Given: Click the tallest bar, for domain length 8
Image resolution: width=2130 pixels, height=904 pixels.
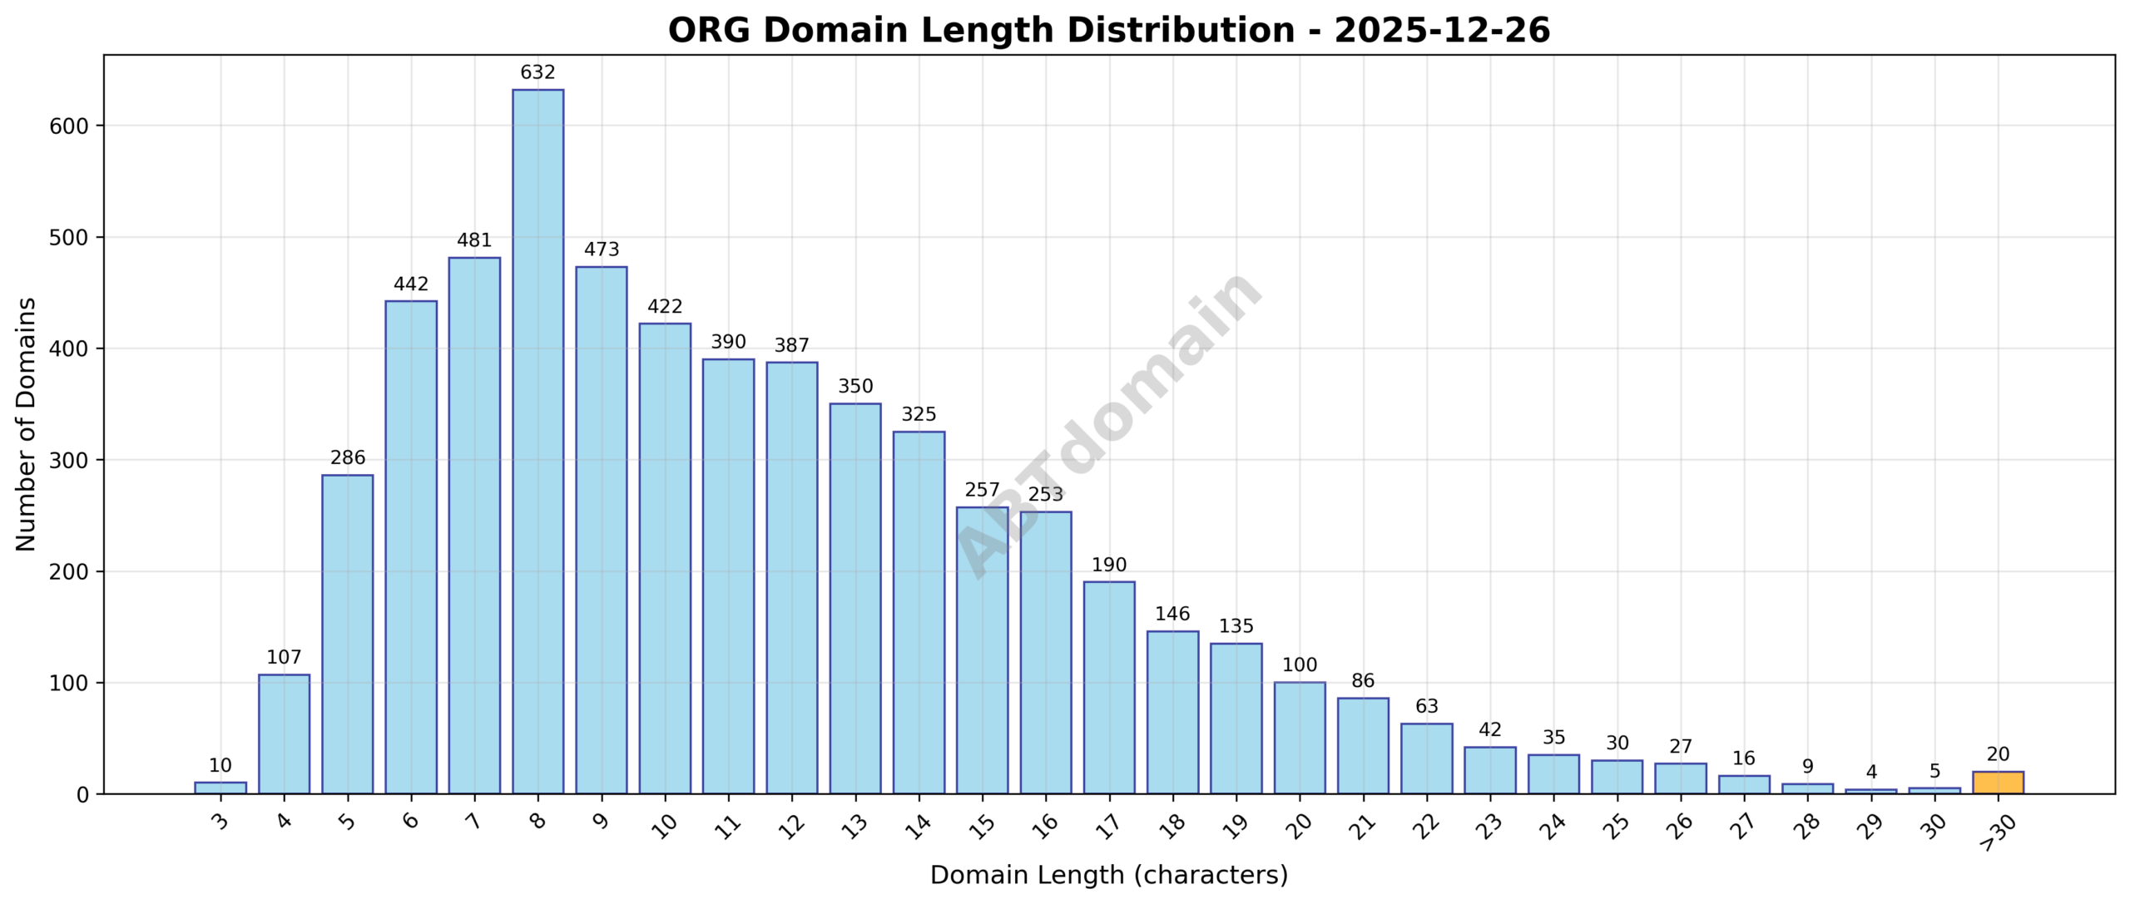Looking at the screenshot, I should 537,441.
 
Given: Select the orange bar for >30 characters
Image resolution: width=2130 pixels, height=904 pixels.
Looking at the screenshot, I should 1998,783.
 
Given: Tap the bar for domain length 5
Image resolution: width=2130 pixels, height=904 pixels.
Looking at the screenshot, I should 347,634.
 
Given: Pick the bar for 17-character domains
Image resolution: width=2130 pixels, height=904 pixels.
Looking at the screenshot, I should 1109,687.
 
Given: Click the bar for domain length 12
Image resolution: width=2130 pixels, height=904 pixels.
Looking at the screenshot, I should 791,577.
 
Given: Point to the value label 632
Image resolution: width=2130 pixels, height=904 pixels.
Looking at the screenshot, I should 537,72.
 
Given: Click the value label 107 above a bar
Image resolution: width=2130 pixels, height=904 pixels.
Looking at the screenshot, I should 284,657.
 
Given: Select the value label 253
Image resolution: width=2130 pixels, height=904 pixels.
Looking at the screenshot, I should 1046,494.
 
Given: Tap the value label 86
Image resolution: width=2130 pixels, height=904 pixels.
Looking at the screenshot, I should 1363,680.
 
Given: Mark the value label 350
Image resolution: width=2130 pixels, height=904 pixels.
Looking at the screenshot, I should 855,386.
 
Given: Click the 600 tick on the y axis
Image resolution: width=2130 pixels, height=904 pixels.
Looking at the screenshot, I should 69,126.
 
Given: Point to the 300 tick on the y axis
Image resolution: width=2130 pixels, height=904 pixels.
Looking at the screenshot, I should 69,461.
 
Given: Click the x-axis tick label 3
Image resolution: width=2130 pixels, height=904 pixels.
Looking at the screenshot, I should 220,822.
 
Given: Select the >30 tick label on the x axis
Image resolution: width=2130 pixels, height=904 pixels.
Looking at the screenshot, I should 1995,832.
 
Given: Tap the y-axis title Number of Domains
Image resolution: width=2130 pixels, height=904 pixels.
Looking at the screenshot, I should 26,424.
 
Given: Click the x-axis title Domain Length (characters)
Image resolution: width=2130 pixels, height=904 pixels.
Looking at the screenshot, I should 1108,875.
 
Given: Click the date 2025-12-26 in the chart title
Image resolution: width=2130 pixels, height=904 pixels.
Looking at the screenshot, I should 1442,31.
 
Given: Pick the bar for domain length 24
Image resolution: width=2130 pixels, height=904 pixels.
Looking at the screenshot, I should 1553,774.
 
